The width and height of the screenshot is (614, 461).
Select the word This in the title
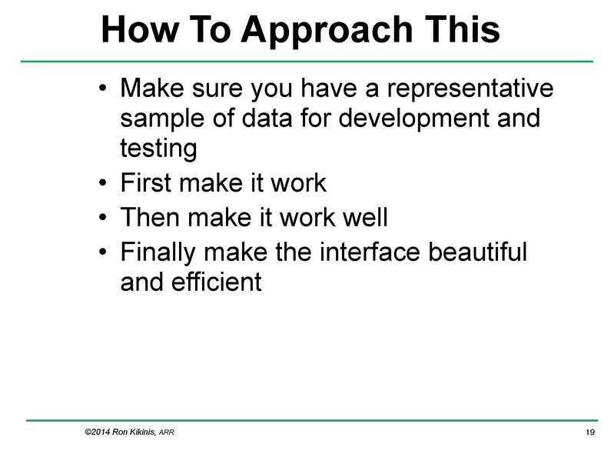tap(463, 30)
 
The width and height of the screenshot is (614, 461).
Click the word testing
tap(158, 149)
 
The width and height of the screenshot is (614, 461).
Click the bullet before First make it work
tap(104, 184)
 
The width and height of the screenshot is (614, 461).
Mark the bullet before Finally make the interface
tap(104, 251)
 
